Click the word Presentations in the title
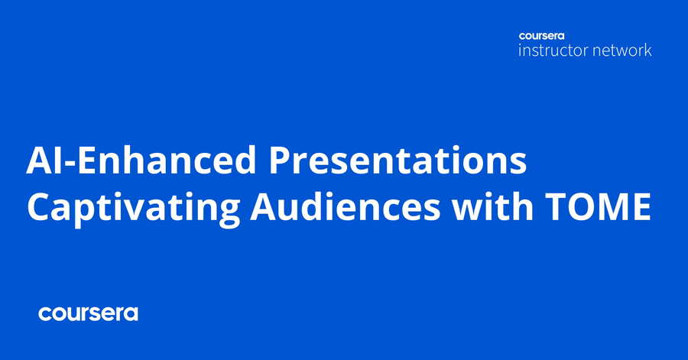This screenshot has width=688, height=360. (x=397, y=160)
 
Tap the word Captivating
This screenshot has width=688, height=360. (x=133, y=207)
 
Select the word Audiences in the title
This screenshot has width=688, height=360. (x=345, y=206)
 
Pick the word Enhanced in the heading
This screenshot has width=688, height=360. (x=167, y=160)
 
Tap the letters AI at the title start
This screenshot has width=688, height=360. (x=44, y=161)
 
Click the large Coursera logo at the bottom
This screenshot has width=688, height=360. (x=88, y=313)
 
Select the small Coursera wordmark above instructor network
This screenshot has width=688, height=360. (x=541, y=36)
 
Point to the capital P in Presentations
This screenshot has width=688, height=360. (x=280, y=161)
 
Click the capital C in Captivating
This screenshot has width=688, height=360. (x=39, y=206)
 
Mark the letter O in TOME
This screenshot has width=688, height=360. (x=579, y=206)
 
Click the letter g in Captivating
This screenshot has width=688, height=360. (x=229, y=213)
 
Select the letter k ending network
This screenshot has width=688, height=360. (x=647, y=50)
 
